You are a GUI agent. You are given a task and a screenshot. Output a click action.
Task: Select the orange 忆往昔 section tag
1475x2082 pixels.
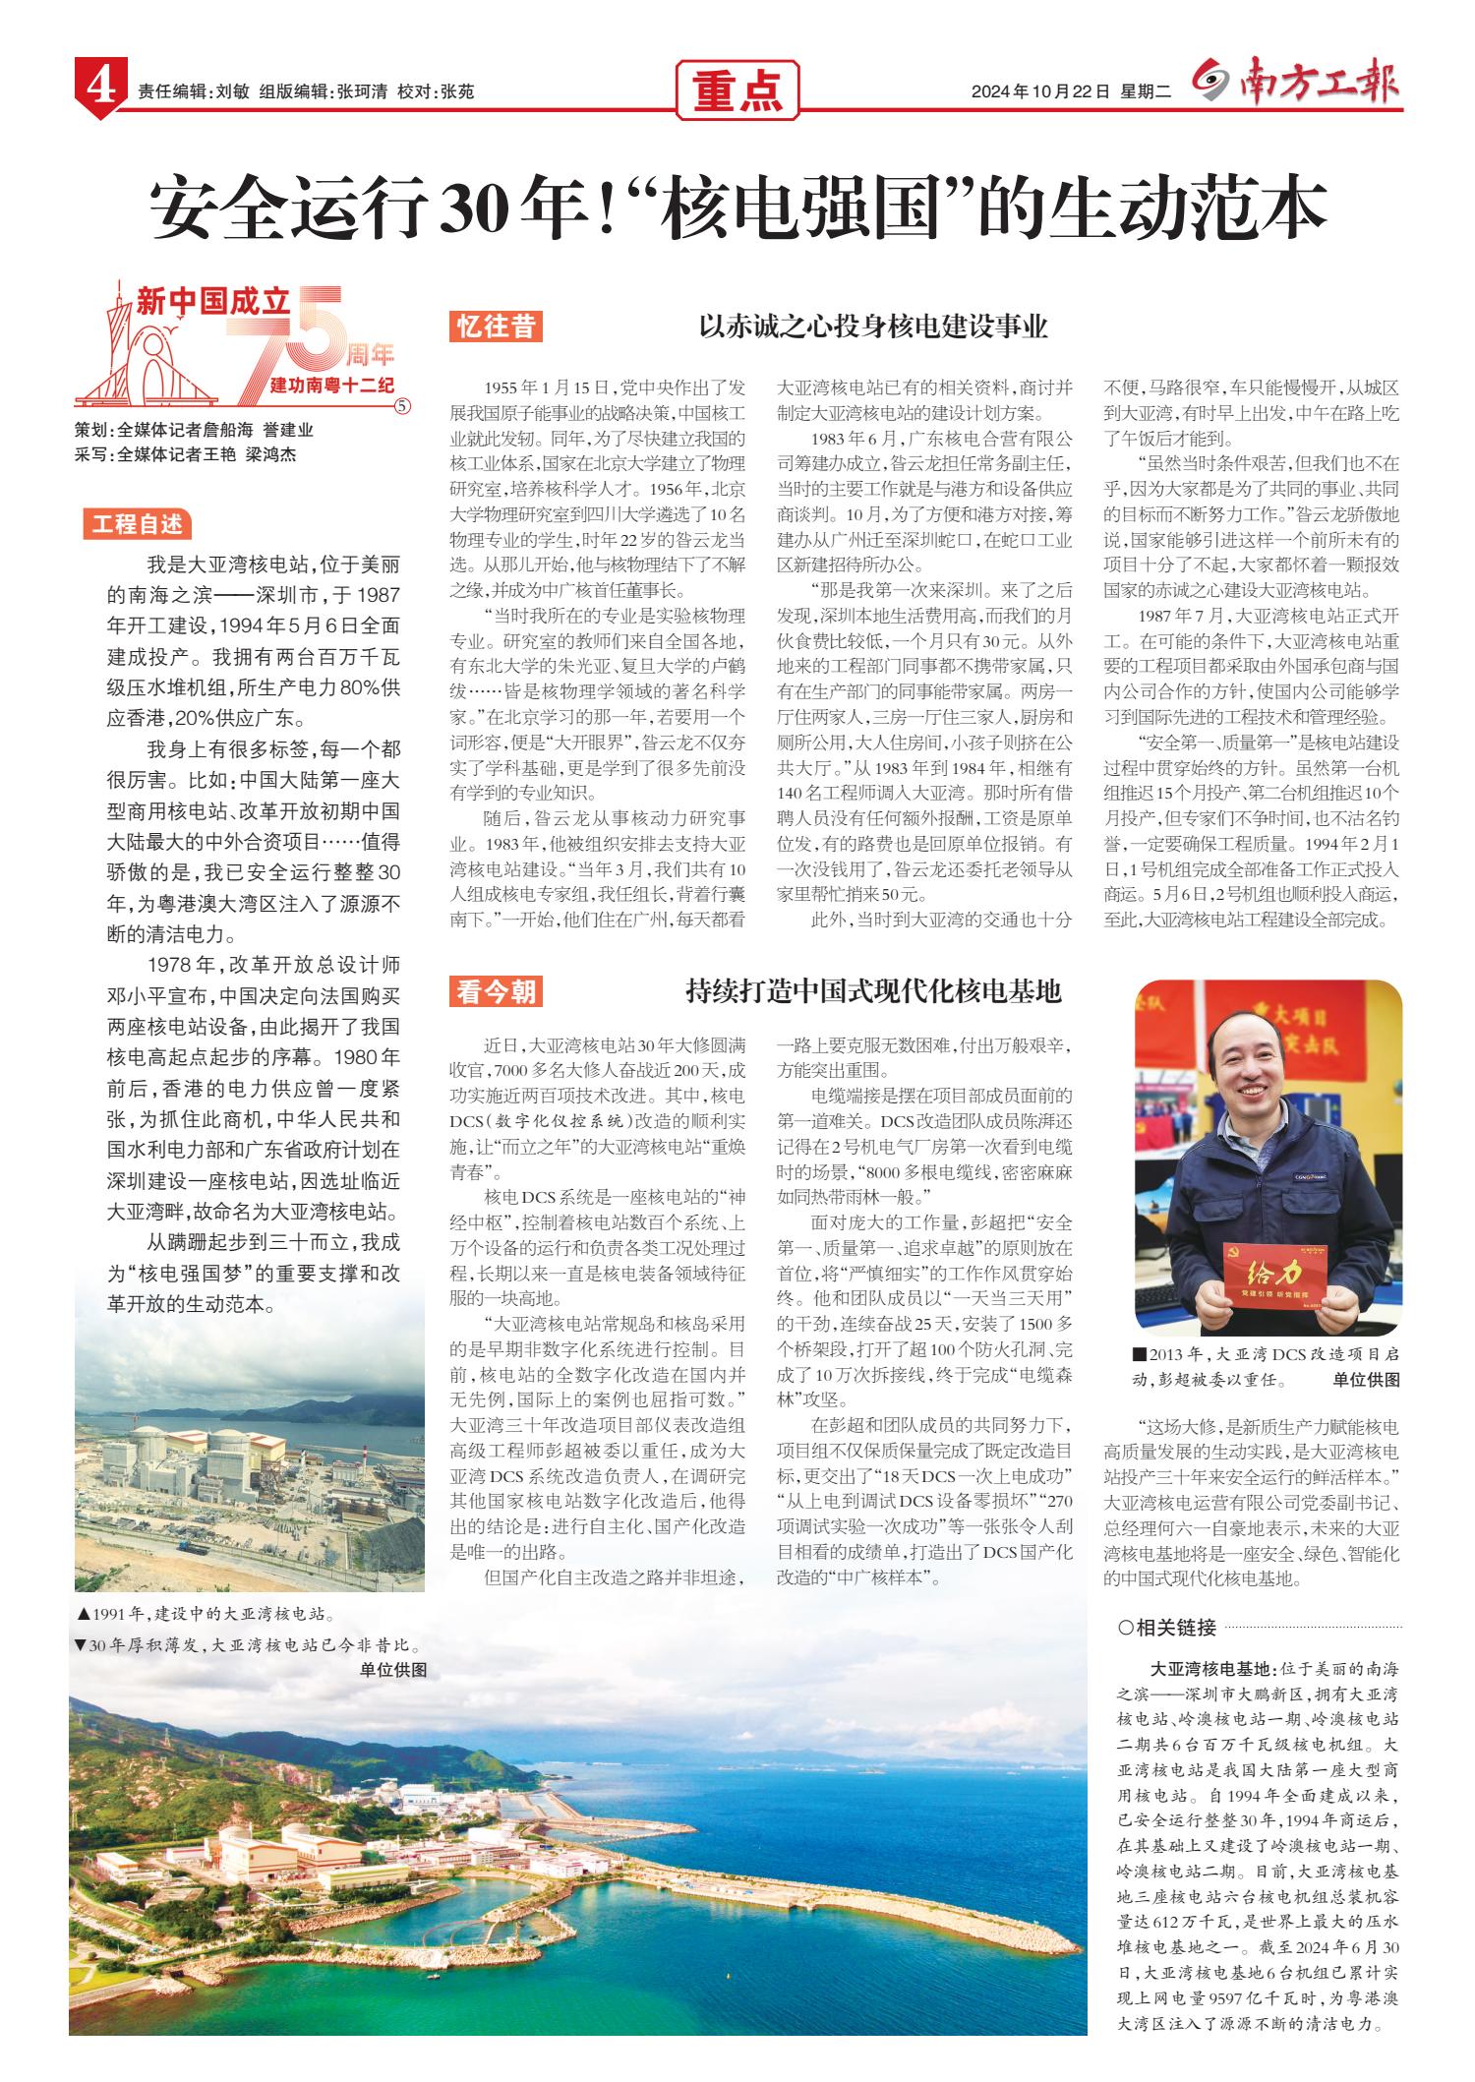pos(496,327)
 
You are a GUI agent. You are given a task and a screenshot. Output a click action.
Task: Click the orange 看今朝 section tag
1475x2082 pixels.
pos(496,992)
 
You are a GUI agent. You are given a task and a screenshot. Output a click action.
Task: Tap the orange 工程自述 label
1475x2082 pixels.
pos(138,524)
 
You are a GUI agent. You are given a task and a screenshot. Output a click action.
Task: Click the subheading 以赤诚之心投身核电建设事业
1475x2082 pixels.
pos(872,327)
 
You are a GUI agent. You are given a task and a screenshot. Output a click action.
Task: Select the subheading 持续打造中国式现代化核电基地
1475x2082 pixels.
pos(873,991)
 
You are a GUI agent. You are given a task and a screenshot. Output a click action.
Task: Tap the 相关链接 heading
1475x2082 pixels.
pos(1167,1627)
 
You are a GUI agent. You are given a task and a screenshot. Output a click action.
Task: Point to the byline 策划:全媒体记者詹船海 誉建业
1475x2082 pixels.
pos(194,430)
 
